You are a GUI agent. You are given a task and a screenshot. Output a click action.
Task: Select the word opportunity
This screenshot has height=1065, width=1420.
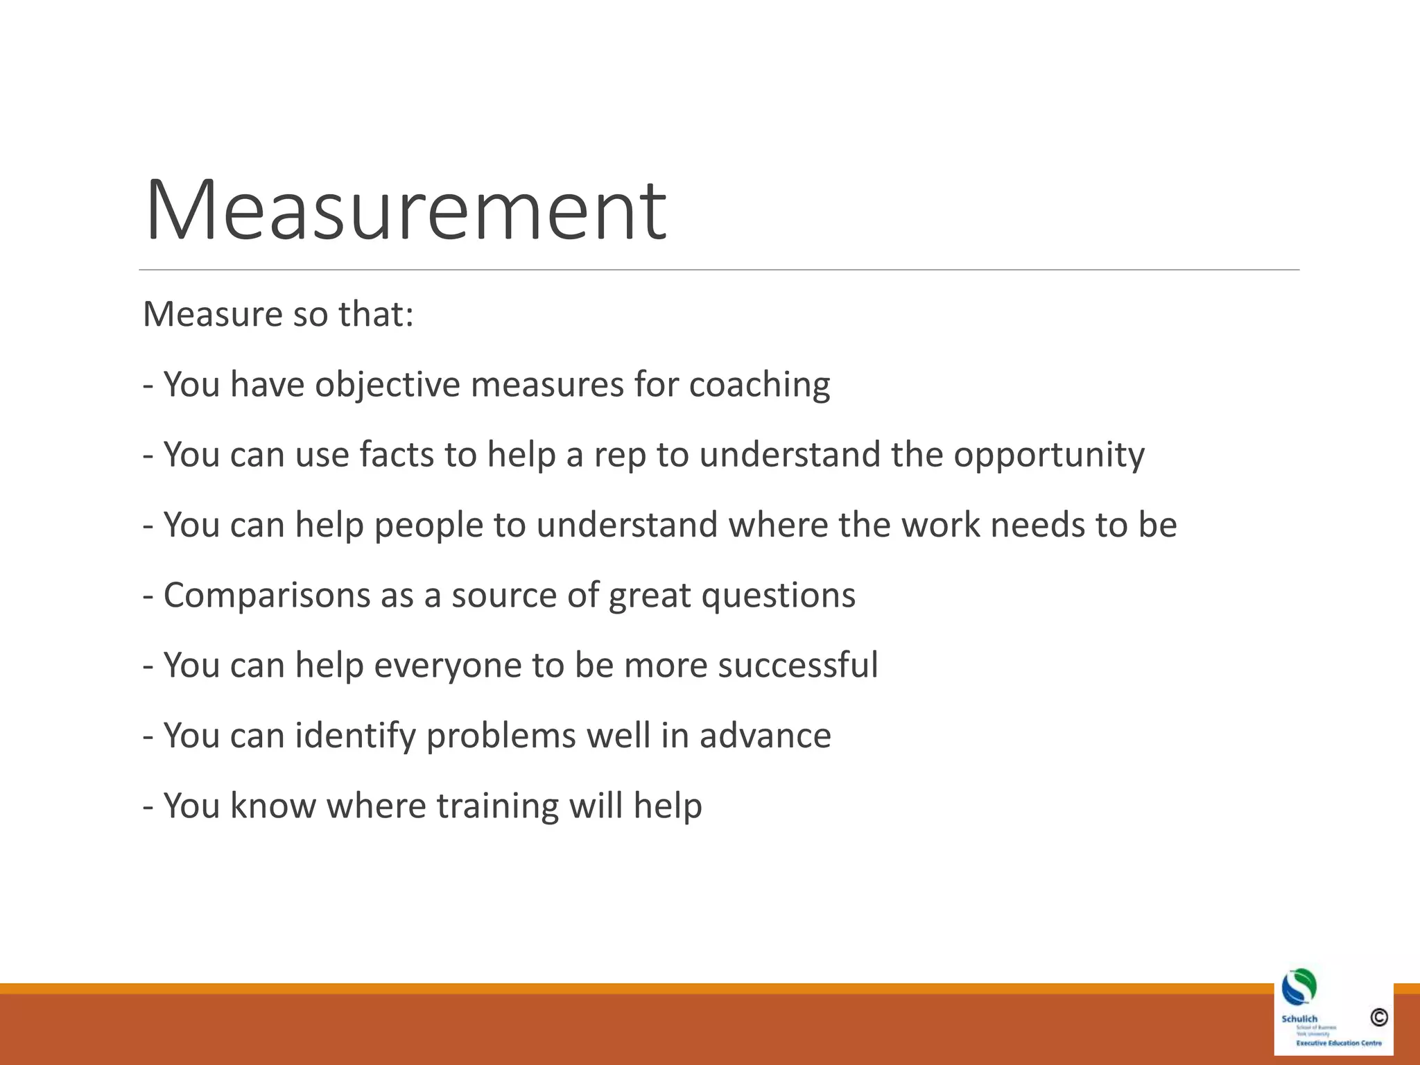(x=1048, y=456)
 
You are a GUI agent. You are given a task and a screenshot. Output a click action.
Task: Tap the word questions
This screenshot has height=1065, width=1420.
(x=778, y=596)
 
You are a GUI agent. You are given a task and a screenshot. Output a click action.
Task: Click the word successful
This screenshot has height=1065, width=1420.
(x=797, y=665)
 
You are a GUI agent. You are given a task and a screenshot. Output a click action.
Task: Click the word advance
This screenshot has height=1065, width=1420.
(x=765, y=736)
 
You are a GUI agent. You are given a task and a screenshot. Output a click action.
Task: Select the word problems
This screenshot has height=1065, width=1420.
(x=501, y=736)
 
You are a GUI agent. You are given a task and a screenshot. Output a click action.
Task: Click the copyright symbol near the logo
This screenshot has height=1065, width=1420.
(x=1378, y=1017)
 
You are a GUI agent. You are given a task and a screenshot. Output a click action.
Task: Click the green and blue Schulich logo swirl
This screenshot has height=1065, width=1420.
(x=1299, y=987)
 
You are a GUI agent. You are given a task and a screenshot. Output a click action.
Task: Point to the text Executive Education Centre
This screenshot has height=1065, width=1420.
(x=1338, y=1043)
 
